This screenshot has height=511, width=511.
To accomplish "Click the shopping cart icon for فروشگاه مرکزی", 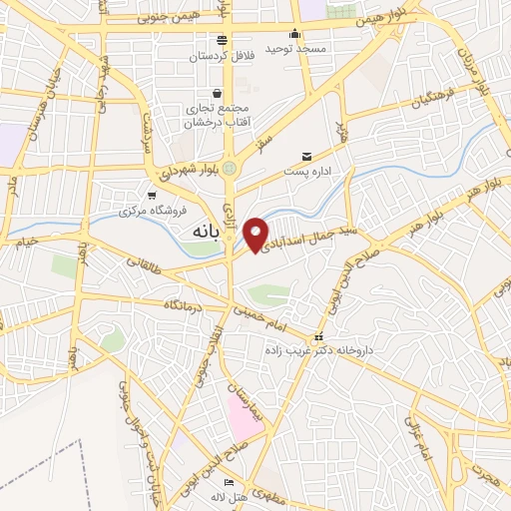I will click(x=152, y=196).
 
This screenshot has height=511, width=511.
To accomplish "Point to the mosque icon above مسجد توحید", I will click(x=296, y=33).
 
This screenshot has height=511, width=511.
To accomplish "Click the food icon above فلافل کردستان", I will click(x=224, y=39).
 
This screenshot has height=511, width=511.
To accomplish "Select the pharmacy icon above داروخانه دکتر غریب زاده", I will click(x=319, y=336).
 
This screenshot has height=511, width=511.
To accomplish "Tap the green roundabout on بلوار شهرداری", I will click(x=232, y=167).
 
